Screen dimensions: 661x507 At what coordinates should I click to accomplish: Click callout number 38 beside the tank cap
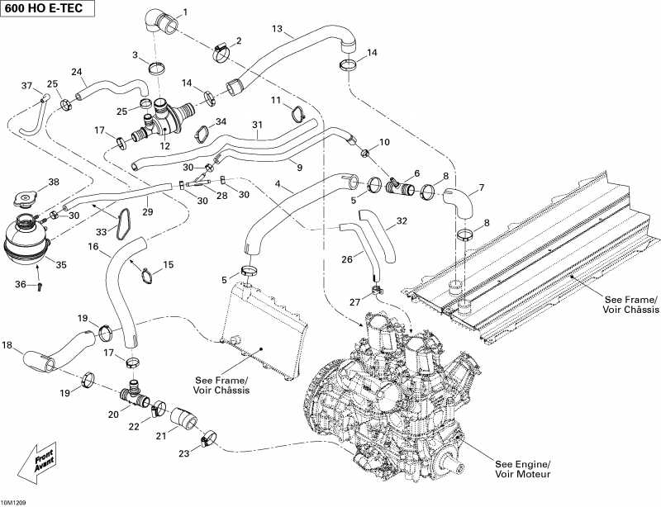54,182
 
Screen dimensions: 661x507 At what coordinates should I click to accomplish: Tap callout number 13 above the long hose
278,29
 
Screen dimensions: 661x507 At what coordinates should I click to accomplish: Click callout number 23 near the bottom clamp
183,453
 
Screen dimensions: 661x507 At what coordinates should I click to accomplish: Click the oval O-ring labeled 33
125,224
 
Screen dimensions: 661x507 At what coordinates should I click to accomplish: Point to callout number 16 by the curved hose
93,247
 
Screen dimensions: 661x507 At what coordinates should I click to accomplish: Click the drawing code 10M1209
14,500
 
